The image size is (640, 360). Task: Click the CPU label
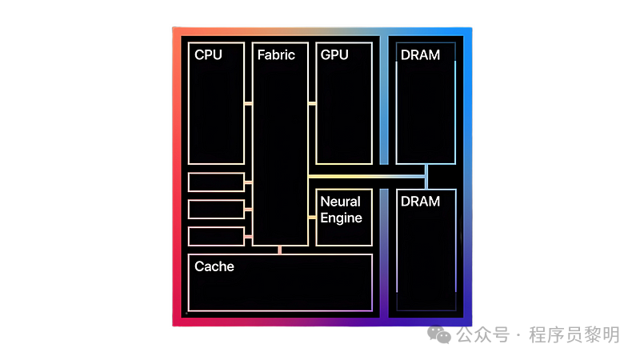(x=208, y=55)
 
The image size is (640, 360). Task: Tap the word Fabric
(x=276, y=55)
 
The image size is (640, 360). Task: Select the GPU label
(x=334, y=55)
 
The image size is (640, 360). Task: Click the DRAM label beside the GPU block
(x=420, y=55)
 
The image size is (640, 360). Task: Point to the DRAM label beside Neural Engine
(x=420, y=202)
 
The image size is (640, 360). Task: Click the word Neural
(x=341, y=202)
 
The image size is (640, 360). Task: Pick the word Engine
(x=342, y=218)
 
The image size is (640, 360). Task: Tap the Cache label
(x=214, y=266)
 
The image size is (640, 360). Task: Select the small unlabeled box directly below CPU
(x=216, y=182)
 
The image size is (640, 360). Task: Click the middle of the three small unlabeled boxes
(x=216, y=209)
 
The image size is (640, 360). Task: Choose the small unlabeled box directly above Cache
(x=216, y=236)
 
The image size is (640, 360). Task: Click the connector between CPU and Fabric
(x=248, y=103)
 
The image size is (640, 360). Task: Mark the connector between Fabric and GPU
(x=312, y=103)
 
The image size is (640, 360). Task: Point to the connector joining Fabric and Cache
(x=279, y=250)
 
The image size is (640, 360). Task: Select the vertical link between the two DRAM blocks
(x=426, y=177)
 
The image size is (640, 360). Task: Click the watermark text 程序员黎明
(x=574, y=335)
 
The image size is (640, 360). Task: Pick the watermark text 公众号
(x=483, y=335)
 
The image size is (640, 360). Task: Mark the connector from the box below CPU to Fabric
(x=248, y=183)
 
